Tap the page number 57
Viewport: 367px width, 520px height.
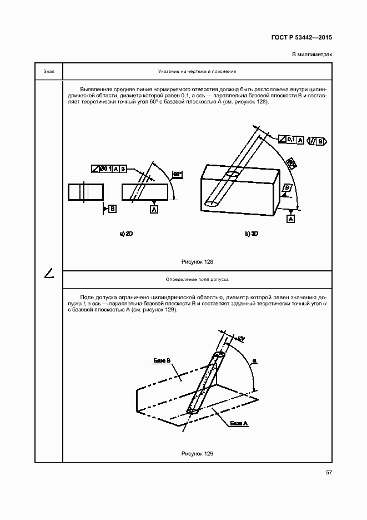pyautogui.click(x=329, y=473)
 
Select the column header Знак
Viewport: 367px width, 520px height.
pyautogui.click(x=48, y=72)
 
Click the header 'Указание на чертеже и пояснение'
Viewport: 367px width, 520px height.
pyautogui.click(x=197, y=72)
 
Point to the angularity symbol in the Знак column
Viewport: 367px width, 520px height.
pyautogui.click(x=49, y=273)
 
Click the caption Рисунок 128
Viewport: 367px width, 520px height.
pyautogui.click(x=197, y=261)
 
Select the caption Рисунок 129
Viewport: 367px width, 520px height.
pyautogui.click(x=197, y=454)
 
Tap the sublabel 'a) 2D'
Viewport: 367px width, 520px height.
pyautogui.click(x=126, y=234)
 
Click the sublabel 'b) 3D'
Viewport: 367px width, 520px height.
pyautogui.click(x=252, y=234)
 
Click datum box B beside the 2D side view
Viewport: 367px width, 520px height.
pyautogui.click(x=113, y=209)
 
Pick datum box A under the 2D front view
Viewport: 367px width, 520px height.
pyautogui.click(x=153, y=209)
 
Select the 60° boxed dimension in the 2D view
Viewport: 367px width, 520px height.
pyautogui.click(x=178, y=174)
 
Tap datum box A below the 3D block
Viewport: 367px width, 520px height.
pyautogui.click(x=290, y=219)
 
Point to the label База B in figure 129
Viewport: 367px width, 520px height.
pyautogui.click(x=162, y=360)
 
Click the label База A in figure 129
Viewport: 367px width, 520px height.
pyautogui.click(x=238, y=424)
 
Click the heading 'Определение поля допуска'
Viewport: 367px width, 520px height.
pyautogui.click(x=197, y=279)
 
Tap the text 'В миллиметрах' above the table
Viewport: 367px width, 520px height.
pyautogui.click(x=311, y=55)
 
